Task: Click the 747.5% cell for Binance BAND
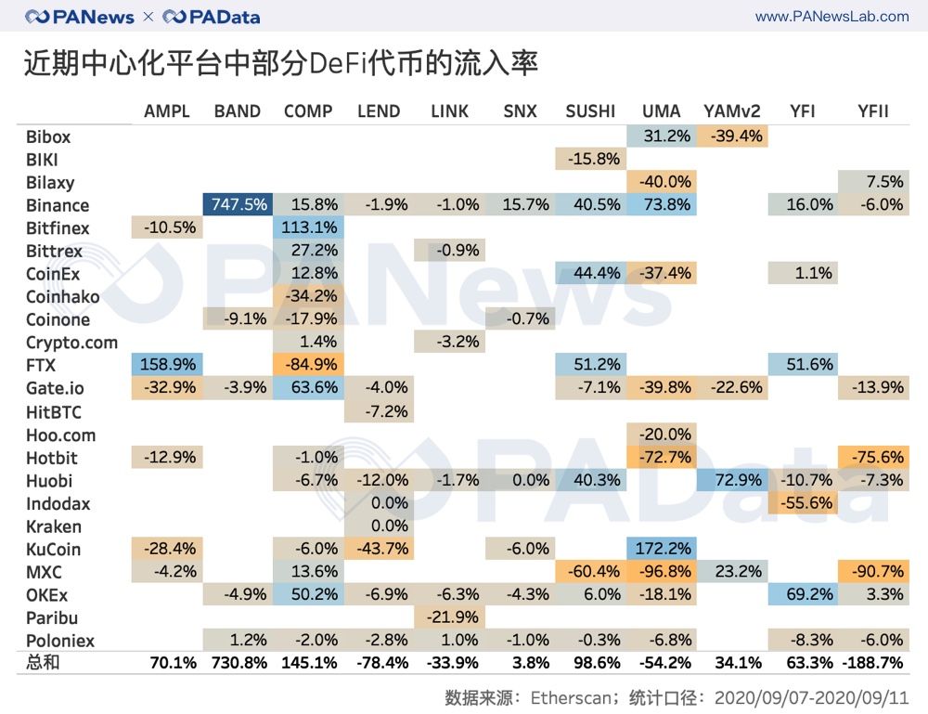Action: (x=238, y=205)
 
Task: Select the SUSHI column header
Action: (x=590, y=111)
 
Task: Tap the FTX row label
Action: (x=43, y=366)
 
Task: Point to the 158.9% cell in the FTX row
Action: (x=168, y=366)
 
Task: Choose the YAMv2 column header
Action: (x=732, y=111)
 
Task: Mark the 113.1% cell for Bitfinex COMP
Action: (x=308, y=228)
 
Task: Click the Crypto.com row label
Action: (x=71, y=343)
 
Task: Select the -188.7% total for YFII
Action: (x=872, y=664)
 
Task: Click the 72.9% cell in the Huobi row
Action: (x=732, y=480)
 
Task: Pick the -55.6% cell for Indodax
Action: (x=803, y=503)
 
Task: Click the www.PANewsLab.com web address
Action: (x=831, y=16)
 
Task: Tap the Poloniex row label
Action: (x=60, y=641)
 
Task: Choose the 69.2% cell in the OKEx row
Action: (x=803, y=594)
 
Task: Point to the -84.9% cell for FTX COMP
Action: (x=308, y=366)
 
